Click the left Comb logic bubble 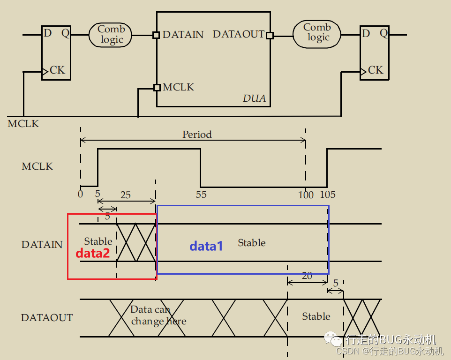pyautogui.click(x=112, y=35)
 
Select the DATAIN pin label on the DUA pyautogui.click(x=183, y=35)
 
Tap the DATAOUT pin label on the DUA pyautogui.click(x=238, y=34)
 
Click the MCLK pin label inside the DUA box pyautogui.click(x=178, y=87)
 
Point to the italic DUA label pyautogui.click(x=254, y=98)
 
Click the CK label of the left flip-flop pyautogui.click(x=57, y=70)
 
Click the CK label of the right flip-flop pyautogui.click(x=376, y=70)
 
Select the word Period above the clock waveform pyautogui.click(x=197, y=135)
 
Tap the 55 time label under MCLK pyautogui.click(x=201, y=195)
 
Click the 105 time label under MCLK pyautogui.click(x=328, y=195)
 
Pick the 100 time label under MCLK pyautogui.click(x=306, y=195)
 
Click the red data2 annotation pyautogui.click(x=92, y=254)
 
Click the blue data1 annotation pyautogui.click(x=206, y=246)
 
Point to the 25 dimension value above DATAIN pyautogui.click(x=126, y=195)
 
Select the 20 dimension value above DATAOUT pyautogui.click(x=307, y=276)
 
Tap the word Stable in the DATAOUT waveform pyautogui.click(x=316, y=316)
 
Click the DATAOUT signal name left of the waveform pyautogui.click(x=47, y=318)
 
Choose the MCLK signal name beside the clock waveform pyautogui.click(x=37, y=166)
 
